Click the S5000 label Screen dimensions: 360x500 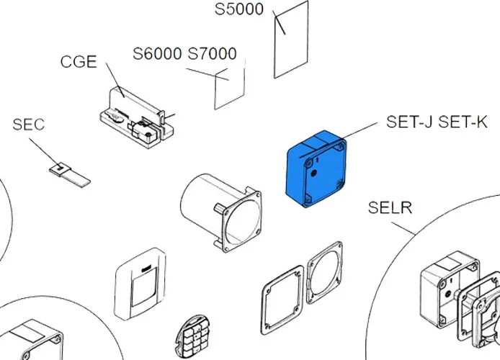point(240,10)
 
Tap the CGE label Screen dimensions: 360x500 point(79,61)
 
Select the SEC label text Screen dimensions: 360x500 point(28,125)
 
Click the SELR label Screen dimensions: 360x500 point(390,208)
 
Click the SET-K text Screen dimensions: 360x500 point(465,122)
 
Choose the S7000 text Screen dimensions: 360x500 point(212,55)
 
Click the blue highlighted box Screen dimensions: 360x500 point(317,169)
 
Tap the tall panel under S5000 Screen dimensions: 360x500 point(291,40)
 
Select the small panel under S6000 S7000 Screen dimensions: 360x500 point(230,86)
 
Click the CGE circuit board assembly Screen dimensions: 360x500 point(137,119)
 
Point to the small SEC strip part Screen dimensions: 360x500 point(70,174)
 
